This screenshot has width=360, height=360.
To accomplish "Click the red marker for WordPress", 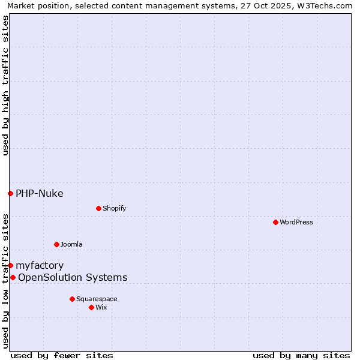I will [x=275, y=222].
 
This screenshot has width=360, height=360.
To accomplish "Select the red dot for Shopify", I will [x=98, y=208].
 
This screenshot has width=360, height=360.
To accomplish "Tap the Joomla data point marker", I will [x=56, y=244].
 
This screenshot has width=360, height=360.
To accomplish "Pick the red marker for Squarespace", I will [x=72, y=299].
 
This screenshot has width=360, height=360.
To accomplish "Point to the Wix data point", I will [x=91, y=307].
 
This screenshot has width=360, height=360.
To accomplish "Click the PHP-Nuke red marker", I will [x=10, y=193].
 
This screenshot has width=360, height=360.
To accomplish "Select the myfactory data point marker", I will [x=10, y=265].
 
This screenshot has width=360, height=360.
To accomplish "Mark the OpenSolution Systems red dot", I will [x=13, y=277].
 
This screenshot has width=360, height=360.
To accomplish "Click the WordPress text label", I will [x=296, y=222].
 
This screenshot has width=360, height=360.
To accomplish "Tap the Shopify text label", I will [x=115, y=208].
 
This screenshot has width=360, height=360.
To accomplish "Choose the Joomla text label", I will [x=71, y=244].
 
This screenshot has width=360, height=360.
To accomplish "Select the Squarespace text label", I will [x=97, y=299].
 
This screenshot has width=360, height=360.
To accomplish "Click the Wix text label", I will [x=101, y=307].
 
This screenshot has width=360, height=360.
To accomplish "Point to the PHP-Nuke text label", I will [x=40, y=193].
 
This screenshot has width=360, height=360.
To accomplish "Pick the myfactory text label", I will [x=40, y=265].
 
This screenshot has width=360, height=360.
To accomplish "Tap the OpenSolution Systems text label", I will [x=73, y=277].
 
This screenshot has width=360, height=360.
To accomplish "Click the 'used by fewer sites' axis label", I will [x=62, y=355].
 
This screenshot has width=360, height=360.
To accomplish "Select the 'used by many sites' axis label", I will [x=301, y=355].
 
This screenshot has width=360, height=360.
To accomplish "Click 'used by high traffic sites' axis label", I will [x=5, y=85].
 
